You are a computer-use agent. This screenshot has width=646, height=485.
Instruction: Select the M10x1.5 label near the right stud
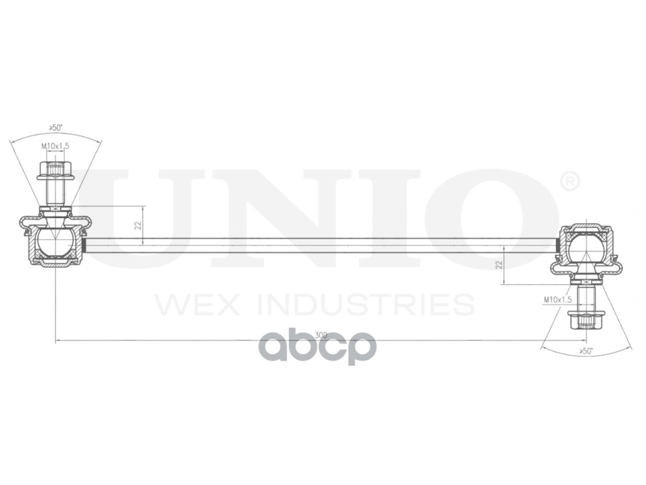[558, 299]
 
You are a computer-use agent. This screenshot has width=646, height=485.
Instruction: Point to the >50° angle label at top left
[56, 128]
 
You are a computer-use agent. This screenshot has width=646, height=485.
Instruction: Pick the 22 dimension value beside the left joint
[138, 226]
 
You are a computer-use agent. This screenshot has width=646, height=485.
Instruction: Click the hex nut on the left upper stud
[55, 171]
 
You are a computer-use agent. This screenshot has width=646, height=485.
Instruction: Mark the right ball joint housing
[585, 248]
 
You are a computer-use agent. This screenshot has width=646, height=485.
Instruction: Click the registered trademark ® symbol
[568, 181]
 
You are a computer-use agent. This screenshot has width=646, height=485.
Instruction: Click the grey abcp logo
[318, 347]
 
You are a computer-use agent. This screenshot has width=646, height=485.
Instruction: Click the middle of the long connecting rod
[321, 245]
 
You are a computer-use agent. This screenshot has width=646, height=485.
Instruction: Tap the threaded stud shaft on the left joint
[55, 193]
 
